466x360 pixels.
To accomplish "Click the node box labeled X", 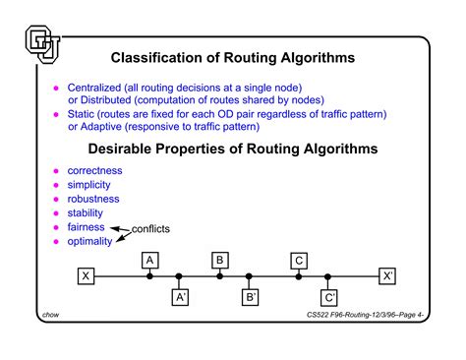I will (x=87, y=276).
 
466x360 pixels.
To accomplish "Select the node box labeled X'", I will (x=388, y=276).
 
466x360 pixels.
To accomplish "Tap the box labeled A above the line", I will (x=150, y=260).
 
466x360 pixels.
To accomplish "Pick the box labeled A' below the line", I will (x=180, y=295).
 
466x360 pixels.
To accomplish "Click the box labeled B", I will (x=220, y=260).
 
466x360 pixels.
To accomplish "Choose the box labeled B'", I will (x=251, y=295).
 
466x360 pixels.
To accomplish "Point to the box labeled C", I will (x=298, y=260).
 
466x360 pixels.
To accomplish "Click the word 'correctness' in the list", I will (x=96, y=171).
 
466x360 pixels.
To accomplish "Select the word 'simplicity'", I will (x=89, y=185).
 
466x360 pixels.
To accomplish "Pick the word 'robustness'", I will (x=94, y=199).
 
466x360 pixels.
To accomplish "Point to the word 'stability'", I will (x=86, y=212).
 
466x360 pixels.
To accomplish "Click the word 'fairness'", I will (x=87, y=226).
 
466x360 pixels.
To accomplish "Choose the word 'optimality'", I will (x=89, y=241).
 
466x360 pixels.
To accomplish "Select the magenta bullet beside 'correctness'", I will (x=56, y=171).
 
